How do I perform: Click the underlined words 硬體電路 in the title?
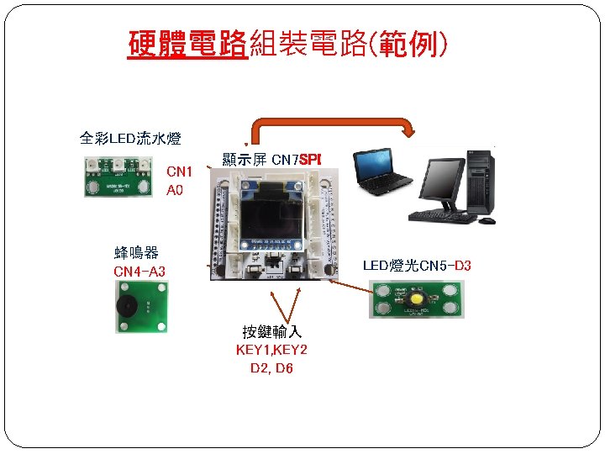187,44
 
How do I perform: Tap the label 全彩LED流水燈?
130,138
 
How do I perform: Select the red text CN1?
179,172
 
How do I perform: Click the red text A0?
175,191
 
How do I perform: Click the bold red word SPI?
311,158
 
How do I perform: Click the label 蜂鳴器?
137,252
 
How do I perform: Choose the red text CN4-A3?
139,271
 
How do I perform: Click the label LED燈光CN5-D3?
417,266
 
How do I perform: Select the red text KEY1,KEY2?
271,350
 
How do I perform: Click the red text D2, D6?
271,368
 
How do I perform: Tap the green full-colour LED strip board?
120,176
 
